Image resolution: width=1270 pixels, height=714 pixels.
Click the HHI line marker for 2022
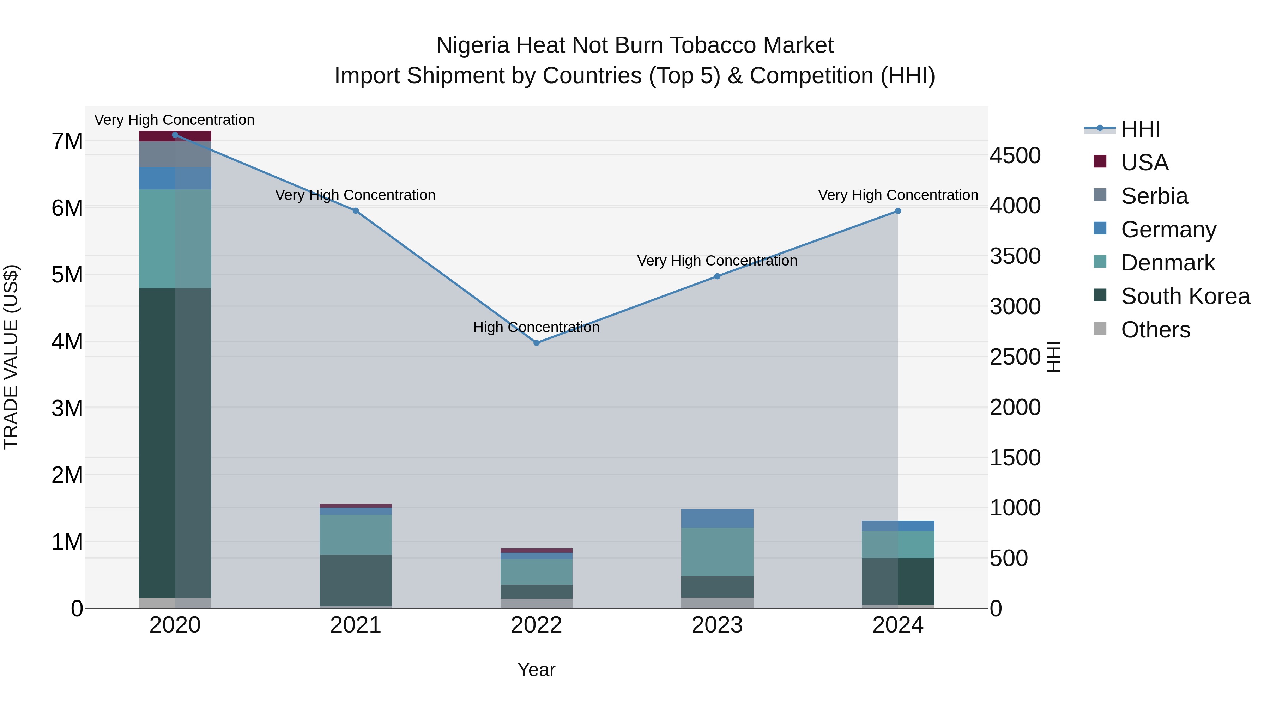(536, 343)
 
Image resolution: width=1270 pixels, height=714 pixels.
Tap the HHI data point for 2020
(175, 135)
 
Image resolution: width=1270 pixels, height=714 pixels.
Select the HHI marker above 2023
(717, 276)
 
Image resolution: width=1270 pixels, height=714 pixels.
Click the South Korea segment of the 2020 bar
(175, 444)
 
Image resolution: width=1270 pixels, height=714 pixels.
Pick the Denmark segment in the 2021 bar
(356, 535)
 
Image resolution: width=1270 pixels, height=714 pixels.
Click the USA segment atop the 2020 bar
(175, 136)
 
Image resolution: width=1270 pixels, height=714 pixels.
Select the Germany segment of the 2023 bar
(717, 518)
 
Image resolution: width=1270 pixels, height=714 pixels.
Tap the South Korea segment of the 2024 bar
(898, 581)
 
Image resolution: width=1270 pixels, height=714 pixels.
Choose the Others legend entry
(1155, 330)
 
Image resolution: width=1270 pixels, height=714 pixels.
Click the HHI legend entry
(1140, 129)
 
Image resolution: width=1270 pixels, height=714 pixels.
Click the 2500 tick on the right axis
(1015, 357)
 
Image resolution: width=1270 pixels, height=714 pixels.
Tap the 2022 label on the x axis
(536, 625)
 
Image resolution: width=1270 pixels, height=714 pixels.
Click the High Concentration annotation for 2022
(536, 327)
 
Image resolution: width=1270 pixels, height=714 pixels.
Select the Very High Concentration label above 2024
(898, 195)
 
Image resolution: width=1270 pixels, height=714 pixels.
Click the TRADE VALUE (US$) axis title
(11, 357)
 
